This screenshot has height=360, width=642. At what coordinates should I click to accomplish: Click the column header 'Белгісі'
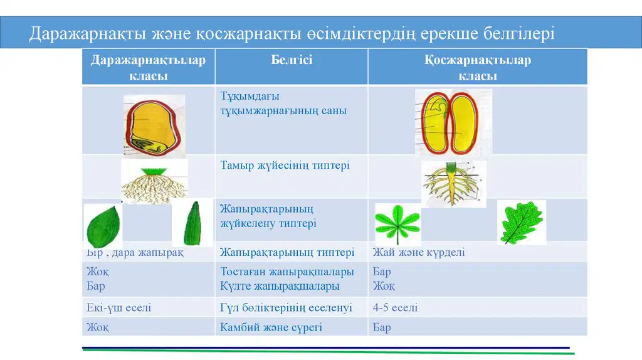[x=292, y=60]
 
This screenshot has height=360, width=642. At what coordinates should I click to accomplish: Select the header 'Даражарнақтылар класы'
[x=148, y=68]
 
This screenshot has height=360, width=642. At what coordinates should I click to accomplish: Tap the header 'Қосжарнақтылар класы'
[x=477, y=68]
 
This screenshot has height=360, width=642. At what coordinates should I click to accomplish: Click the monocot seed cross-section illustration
[x=154, y=126]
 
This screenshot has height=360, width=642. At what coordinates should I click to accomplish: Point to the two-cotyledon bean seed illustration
[x=453, y=122]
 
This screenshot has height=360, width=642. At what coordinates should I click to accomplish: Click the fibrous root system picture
[x=154, y=181]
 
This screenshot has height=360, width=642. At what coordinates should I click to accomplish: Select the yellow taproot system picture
[x=454, y=184]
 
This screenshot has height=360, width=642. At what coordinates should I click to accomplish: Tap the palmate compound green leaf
[x=397, y=225]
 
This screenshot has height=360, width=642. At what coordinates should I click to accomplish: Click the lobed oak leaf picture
[x=522, y=223]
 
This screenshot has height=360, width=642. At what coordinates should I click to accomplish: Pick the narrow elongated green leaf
[x=192, y=223]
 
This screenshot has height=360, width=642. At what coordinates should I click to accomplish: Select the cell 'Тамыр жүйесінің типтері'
[x=285, y=166]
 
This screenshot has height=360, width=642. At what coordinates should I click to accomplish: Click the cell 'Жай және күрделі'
[x=418, y=252]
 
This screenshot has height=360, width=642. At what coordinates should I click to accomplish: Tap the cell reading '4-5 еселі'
[x=395, y=307]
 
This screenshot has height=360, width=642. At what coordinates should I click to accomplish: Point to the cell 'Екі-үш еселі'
[x=118, y=307]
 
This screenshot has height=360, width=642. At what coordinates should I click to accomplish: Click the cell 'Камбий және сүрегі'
[x=271, y=327]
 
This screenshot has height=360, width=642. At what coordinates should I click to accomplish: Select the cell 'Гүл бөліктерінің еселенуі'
[x=286, y=307]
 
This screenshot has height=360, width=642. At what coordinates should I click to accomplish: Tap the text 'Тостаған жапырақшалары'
[x=287, y=272]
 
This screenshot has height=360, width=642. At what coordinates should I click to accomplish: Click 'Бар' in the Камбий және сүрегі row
[x=382, y=327]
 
